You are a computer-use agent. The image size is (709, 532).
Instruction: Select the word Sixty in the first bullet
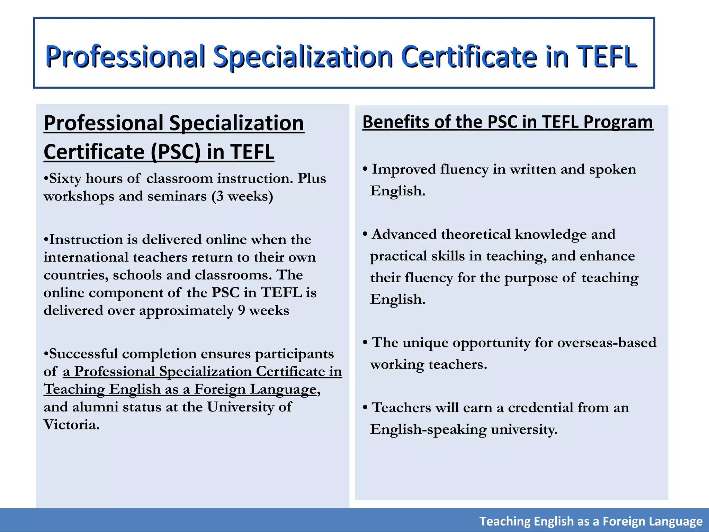pos(65,178)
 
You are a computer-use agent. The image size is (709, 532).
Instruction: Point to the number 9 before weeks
pos(242,310)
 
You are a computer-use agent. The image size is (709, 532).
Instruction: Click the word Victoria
pos(72,425)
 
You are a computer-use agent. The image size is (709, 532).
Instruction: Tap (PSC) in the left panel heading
pos(176,152)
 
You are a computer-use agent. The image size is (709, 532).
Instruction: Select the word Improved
pos(404,169)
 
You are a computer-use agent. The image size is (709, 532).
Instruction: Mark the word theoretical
pos(478,234)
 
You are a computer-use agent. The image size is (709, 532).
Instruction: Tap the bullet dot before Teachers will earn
pos(365,408)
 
